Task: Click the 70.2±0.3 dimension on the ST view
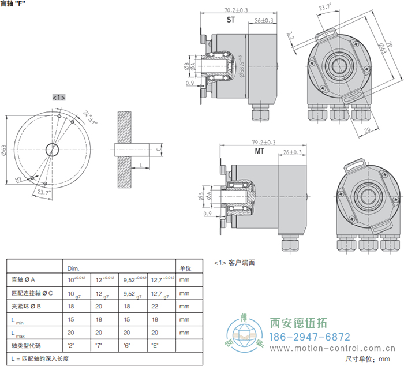[x=231, y=10]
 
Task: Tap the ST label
[x=230, y=20]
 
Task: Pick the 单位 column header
[x=185, y=268]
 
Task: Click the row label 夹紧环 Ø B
[x=28, y=306]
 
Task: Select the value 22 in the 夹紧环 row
[x=154, y=306]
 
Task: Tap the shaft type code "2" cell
[x=72, y=346]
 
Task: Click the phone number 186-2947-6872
[x=310, y=337]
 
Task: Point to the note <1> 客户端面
[x=234, y=263]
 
